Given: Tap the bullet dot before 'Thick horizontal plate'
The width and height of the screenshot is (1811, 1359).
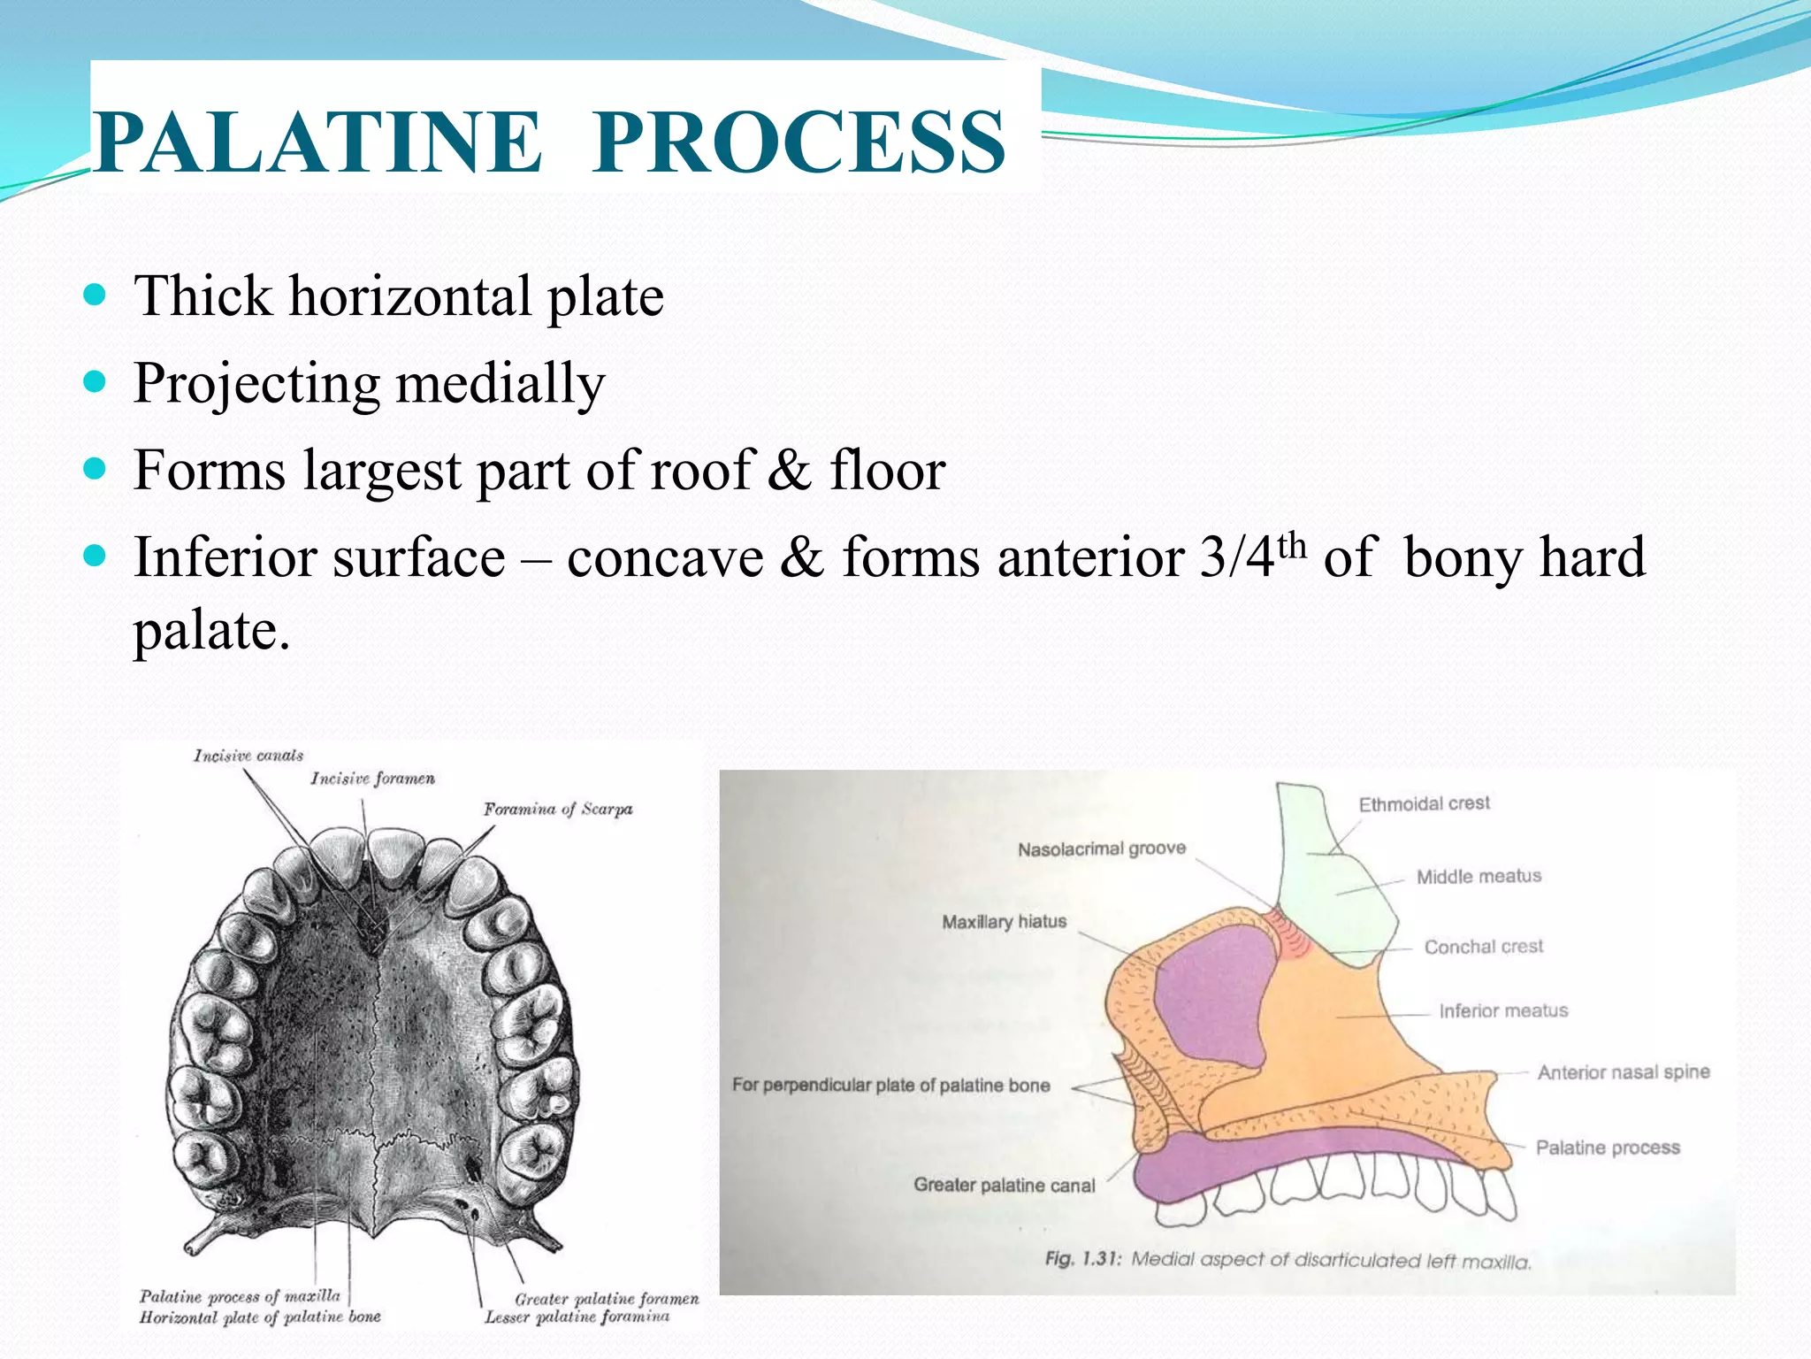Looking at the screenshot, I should click(x=95, y=295).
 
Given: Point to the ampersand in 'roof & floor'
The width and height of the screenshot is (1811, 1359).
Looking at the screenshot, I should click(x=789, y=471).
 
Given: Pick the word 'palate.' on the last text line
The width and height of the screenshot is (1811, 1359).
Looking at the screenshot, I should click(x=211, y=631).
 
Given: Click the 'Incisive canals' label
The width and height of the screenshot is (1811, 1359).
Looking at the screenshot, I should click(x=248, y=756).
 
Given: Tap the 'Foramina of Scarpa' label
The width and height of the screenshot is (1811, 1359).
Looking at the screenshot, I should click(x=558, y=809).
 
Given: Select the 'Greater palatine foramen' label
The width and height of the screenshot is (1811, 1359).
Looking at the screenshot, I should click(x=607, y=1299).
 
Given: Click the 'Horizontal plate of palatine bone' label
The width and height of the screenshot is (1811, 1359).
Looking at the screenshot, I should click(x=260, y=1317).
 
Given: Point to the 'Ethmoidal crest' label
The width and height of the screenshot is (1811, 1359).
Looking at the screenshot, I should click(x=1424, y=803).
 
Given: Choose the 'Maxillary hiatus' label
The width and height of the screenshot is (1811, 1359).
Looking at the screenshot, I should click(x=1004, y=922).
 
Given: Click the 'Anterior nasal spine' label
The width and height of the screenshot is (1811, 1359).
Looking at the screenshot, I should click(x=1623, y=1072).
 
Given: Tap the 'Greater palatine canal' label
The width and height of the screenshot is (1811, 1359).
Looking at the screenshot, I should click(x=1004, y=1185).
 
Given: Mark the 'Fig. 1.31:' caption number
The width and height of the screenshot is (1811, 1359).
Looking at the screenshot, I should click(x=1082, y=1258).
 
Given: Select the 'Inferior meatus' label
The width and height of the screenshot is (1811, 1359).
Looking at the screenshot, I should click(x=1502, y=1010).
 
